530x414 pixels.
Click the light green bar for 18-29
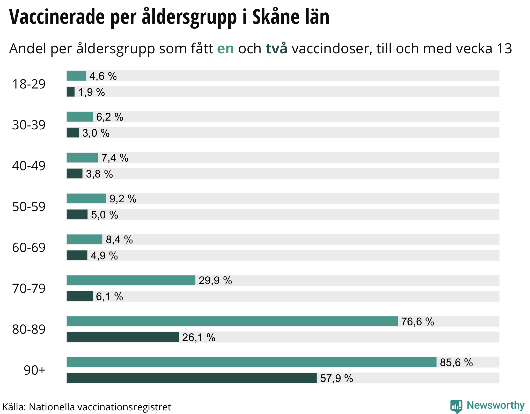coord(76,76)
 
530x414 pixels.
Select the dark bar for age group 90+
coord(192,378)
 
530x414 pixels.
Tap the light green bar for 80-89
coord(232,321)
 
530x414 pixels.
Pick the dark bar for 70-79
coord(79,296)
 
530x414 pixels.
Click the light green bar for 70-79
coord(131,280)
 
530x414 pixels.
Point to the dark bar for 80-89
coord(123,337)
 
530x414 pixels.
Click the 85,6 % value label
coord(456,363)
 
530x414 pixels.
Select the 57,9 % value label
coord(336,378)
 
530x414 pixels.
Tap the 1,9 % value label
coord(92,92)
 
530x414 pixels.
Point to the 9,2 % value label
coord(123,199)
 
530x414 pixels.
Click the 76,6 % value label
coord(417,322)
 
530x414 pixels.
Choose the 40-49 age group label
coord(29,166)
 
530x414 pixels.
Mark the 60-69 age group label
coord(29,248)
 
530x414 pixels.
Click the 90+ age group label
coord(34,370)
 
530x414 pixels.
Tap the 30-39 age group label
coord(29,125)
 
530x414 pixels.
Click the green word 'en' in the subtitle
coord(225,49)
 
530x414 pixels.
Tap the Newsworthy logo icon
coord(456,406)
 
